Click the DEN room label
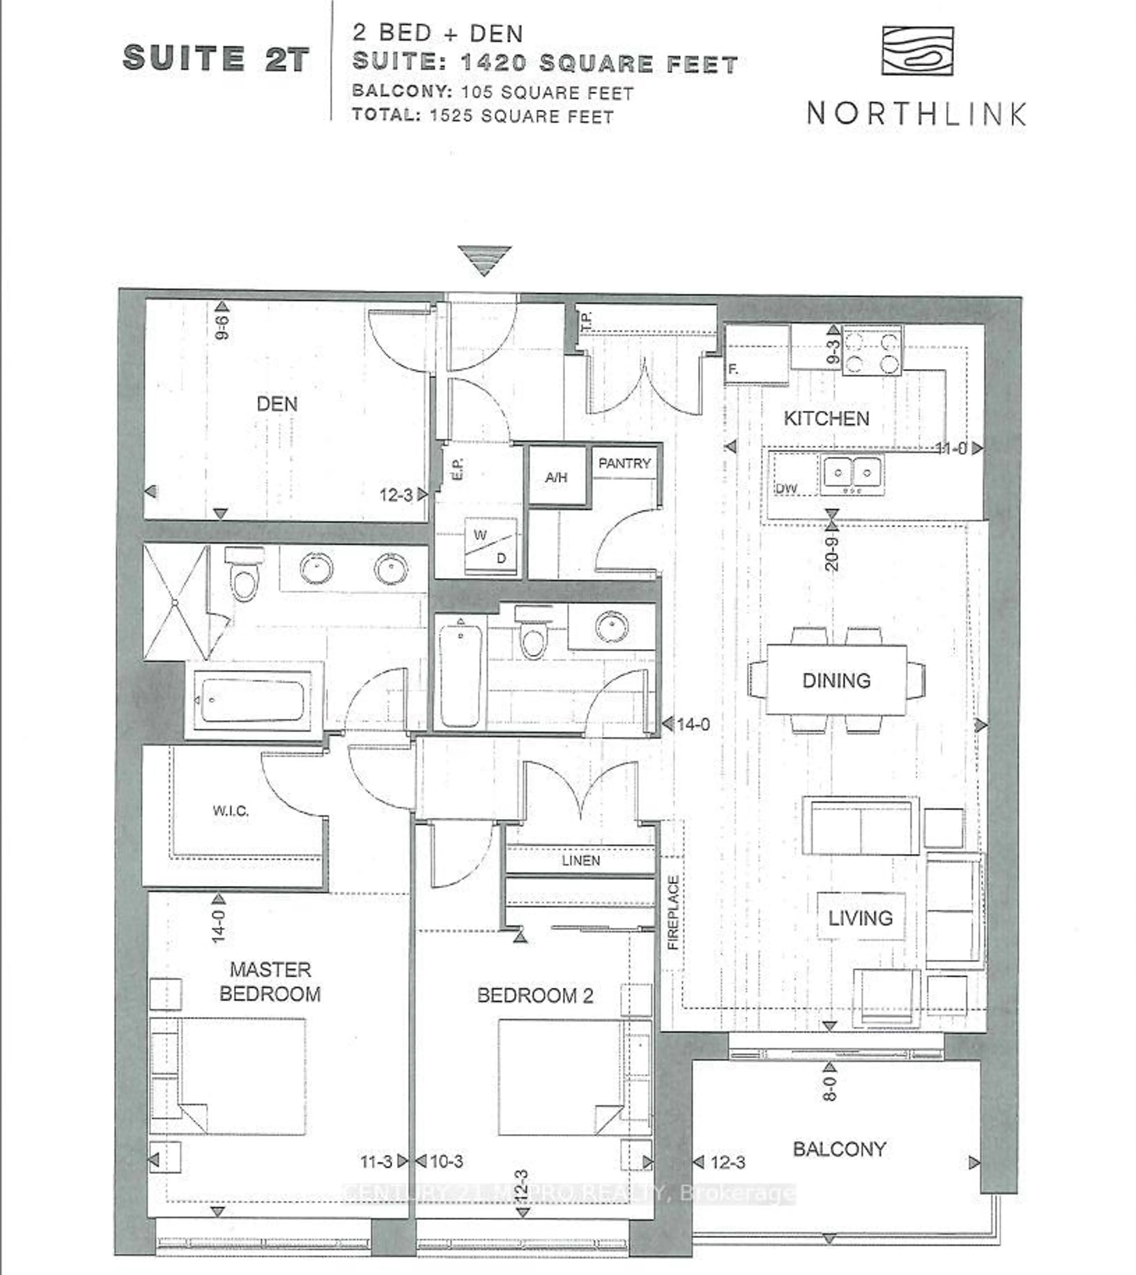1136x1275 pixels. (277, 404)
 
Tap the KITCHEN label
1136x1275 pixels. (826, 418)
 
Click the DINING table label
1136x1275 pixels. (836, 680)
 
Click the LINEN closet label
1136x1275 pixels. (580, 861)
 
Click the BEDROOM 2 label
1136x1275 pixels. (535, 996)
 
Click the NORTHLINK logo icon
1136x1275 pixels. (917, 51)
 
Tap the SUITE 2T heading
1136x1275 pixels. (216, 59)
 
